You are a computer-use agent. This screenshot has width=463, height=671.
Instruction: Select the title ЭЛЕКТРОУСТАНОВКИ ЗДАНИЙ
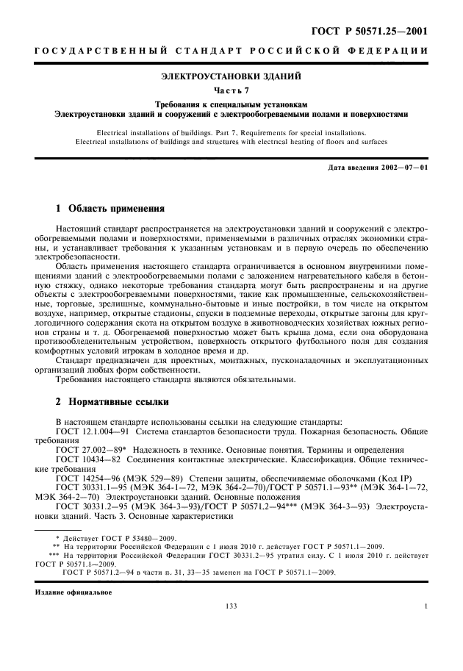click(x=232, y=76)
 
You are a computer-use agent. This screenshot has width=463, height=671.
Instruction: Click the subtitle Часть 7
click(x=232, y=90)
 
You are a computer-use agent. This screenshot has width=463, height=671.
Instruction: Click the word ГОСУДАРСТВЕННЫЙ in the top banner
click(x=80, y=50)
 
